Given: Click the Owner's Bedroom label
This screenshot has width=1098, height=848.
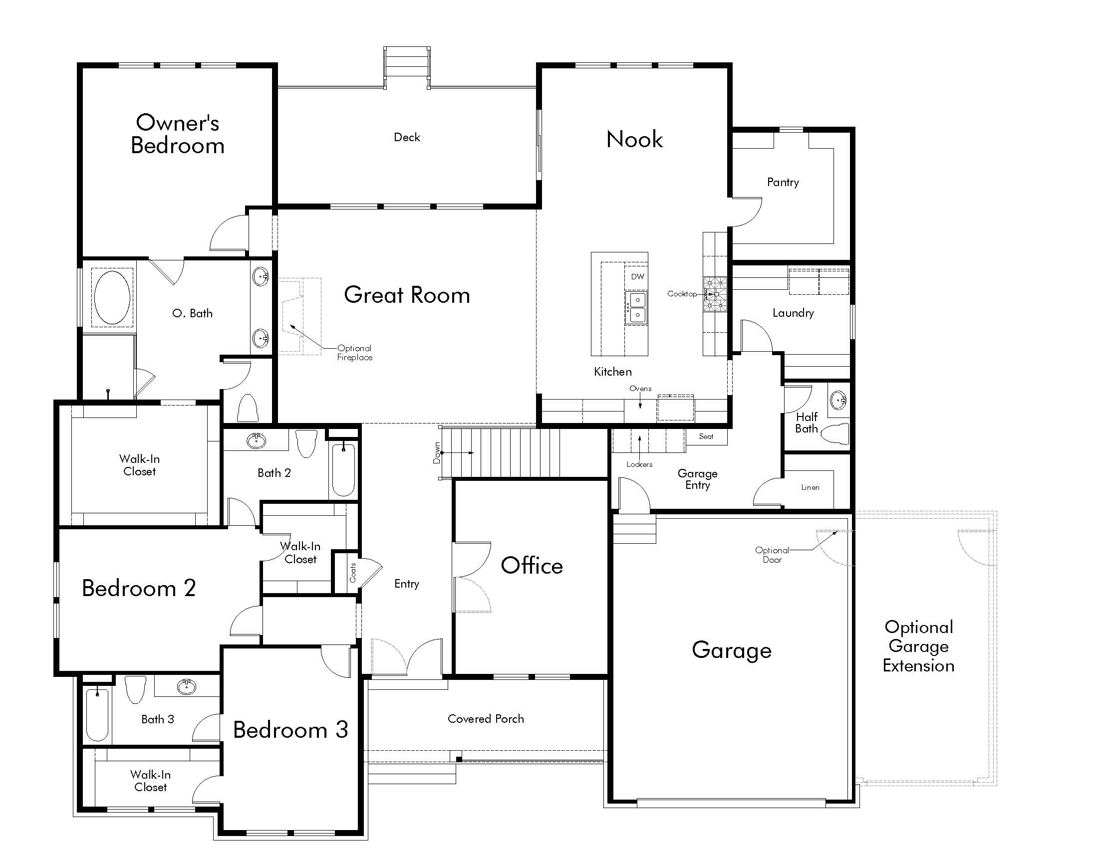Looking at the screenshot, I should pos(178,134).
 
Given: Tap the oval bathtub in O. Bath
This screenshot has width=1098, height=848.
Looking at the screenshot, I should pos(113,298).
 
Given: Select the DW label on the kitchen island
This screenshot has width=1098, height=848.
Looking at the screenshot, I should pos(637,277).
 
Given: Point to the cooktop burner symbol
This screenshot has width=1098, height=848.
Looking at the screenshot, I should pos(715,295).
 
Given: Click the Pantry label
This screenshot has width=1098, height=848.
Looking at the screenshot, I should pos(783,183).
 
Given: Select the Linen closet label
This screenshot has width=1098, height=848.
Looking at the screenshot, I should pos(810,487).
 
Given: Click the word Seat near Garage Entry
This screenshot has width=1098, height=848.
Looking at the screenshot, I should pos(706,436).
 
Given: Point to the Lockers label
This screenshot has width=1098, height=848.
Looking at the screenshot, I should pos(639,465).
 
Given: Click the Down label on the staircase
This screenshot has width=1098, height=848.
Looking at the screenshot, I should pos(437,452).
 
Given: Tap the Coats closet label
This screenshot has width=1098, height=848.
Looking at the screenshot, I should pos(353,573).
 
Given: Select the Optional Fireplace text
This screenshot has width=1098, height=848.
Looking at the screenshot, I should pos(354,353).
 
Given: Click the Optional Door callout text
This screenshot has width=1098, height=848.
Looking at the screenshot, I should pos(772,555).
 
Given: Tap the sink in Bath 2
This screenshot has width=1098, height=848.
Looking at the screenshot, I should pos(257,441).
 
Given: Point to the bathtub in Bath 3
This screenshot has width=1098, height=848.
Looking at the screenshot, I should pos(97,715).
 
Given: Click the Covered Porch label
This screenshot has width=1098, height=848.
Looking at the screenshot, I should pos(486,719).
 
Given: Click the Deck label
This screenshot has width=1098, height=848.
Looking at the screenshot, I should pos(407,137).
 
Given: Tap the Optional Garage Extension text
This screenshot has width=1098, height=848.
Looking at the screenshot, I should pos(918,646).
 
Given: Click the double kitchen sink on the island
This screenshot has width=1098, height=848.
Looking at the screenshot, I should pos(637,307).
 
